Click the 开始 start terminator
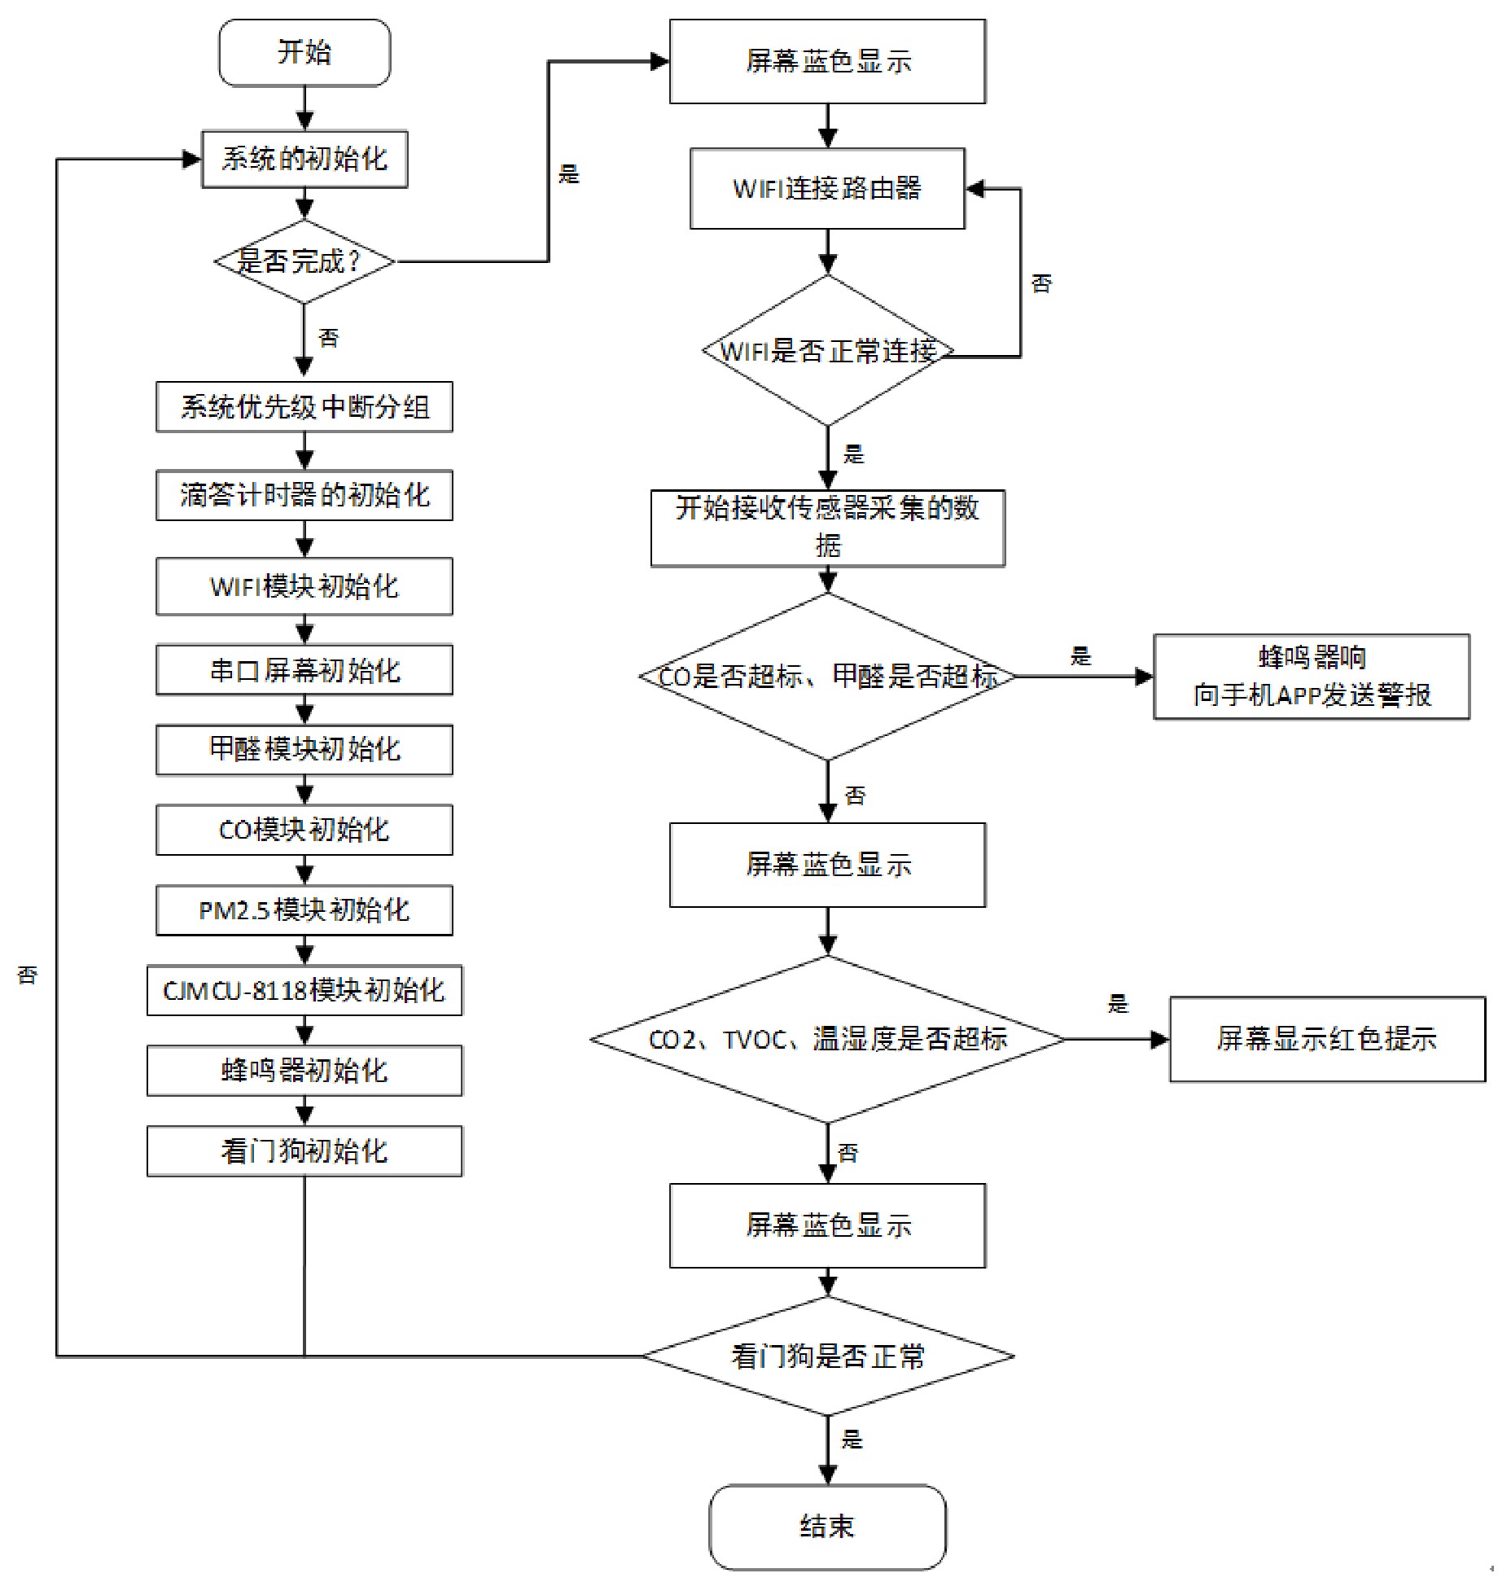point(304,53)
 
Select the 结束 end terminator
point(827,1526)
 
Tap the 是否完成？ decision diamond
point(304,261)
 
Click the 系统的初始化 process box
point(304,159)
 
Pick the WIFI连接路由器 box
point(827,188)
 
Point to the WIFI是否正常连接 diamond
point(827,351)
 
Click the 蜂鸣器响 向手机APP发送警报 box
point(1312,677)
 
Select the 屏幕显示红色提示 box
point(1327,1039)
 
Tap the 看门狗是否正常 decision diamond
point(827,1356)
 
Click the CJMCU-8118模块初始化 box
point(304,990)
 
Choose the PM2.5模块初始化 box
point(304,909)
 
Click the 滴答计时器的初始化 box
point(304,494)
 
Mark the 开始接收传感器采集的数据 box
point(827,527)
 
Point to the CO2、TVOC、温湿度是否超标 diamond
point(827,1039)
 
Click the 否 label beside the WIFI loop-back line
point(1041,283)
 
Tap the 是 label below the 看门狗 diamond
point(852,1439)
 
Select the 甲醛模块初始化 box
point(304,749)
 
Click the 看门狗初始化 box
point(304,1150)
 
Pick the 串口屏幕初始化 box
point(304,670)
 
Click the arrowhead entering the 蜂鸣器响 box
point(1144,677)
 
